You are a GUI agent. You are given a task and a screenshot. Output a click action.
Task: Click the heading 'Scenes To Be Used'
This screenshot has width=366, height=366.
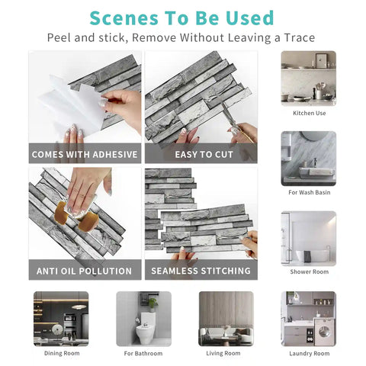(181, 17)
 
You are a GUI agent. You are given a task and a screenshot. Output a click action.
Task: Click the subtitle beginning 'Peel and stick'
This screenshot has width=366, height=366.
(181, 37)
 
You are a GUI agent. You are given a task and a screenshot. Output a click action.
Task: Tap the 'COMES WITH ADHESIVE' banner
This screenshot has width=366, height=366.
(85, 154)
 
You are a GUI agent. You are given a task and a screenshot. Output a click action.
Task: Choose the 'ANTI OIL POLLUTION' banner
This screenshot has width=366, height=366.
(85, 271)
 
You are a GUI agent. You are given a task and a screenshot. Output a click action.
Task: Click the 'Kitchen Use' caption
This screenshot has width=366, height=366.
(309, 113)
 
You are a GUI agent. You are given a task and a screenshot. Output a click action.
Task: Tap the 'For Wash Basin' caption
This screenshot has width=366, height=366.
(309, 192)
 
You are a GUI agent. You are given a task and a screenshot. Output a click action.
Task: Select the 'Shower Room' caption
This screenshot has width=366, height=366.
(309, 271)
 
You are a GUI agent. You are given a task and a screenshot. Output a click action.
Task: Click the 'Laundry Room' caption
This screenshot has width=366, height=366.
(309, 353)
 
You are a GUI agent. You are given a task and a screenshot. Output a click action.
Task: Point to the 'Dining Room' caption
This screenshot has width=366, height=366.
(61, 353)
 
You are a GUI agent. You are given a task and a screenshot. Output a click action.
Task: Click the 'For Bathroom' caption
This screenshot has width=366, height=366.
(143, 353)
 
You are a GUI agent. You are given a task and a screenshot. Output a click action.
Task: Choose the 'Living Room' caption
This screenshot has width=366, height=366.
(226, 353)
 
